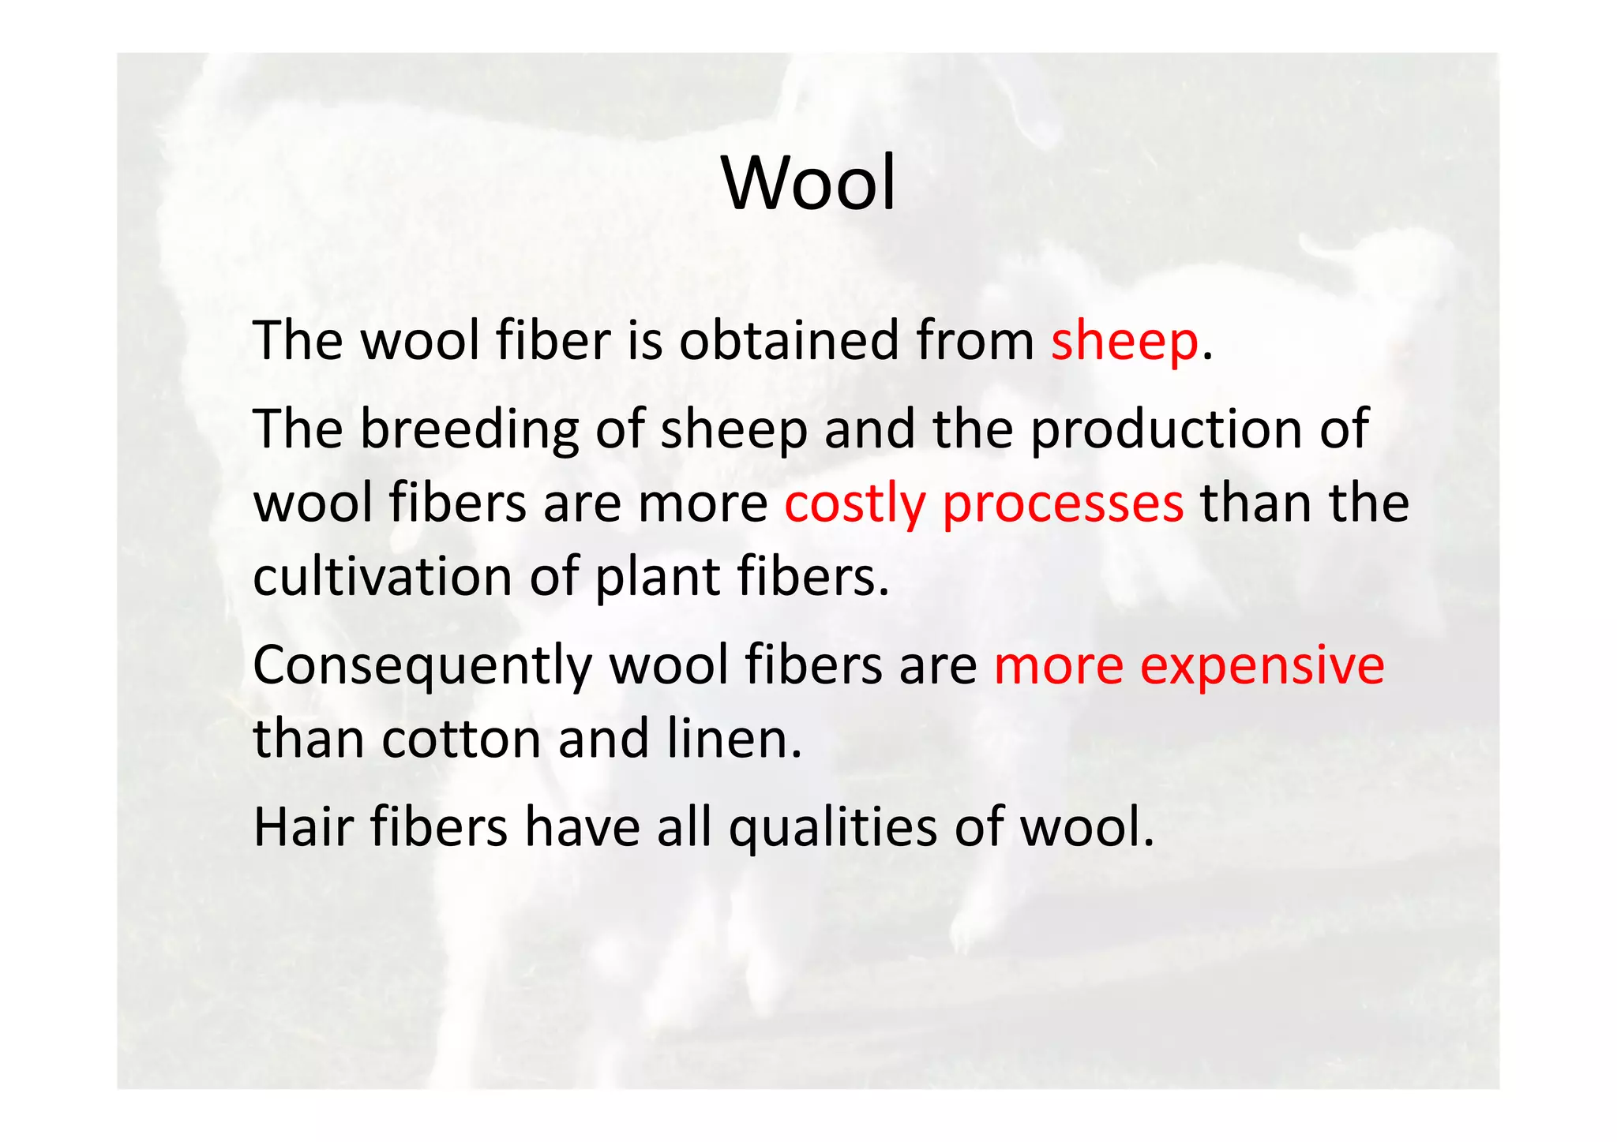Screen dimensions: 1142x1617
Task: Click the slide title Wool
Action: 808,183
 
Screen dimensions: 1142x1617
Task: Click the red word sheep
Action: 1124,342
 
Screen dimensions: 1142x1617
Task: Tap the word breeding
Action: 470,430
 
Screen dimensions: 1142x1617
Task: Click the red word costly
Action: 854,504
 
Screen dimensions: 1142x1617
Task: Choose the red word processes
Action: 1063,504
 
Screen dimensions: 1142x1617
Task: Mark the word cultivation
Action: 383,577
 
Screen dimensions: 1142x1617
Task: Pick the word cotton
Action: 461,739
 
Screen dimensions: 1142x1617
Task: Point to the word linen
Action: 733,739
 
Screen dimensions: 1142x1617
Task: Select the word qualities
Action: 832,829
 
